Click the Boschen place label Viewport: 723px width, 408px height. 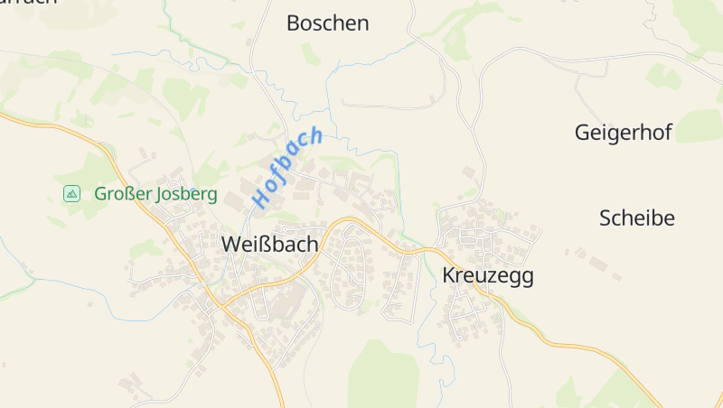click(327, 23)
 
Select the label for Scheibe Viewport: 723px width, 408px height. click(637, 218)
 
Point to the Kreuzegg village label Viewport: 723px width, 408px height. click(488, 276)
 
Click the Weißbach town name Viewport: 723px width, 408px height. click(269, 244)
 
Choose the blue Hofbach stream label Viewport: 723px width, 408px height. click(287, 168)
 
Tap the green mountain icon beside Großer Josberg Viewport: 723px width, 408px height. click(71, 194)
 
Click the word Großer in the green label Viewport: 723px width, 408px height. click(120, 194)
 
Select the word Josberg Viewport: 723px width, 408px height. click(187, 194)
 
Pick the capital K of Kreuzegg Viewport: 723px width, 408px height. click(449, 276)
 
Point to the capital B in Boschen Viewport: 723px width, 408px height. click(293, 23)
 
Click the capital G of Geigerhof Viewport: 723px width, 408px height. click(582, 133)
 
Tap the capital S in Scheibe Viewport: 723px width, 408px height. click(606, 218)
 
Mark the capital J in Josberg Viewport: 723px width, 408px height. click(162, 194)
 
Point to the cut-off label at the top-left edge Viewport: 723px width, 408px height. click(27, 3)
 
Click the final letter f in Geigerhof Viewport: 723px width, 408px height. click(668, 133)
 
